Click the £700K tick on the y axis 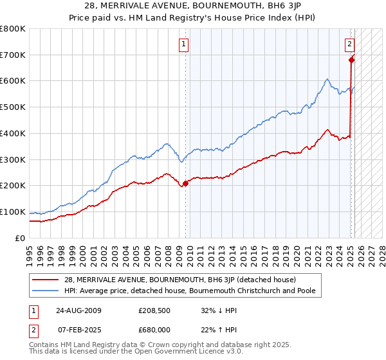tap(14, 55)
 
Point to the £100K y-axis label tap(14, 212)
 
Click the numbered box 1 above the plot tap(184, 44)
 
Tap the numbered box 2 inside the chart tap(349, 44)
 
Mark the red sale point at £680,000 tap(351, 60)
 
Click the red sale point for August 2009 tap(186, 183)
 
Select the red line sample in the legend tap(47, 280)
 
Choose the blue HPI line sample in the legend tap(47, 291)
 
